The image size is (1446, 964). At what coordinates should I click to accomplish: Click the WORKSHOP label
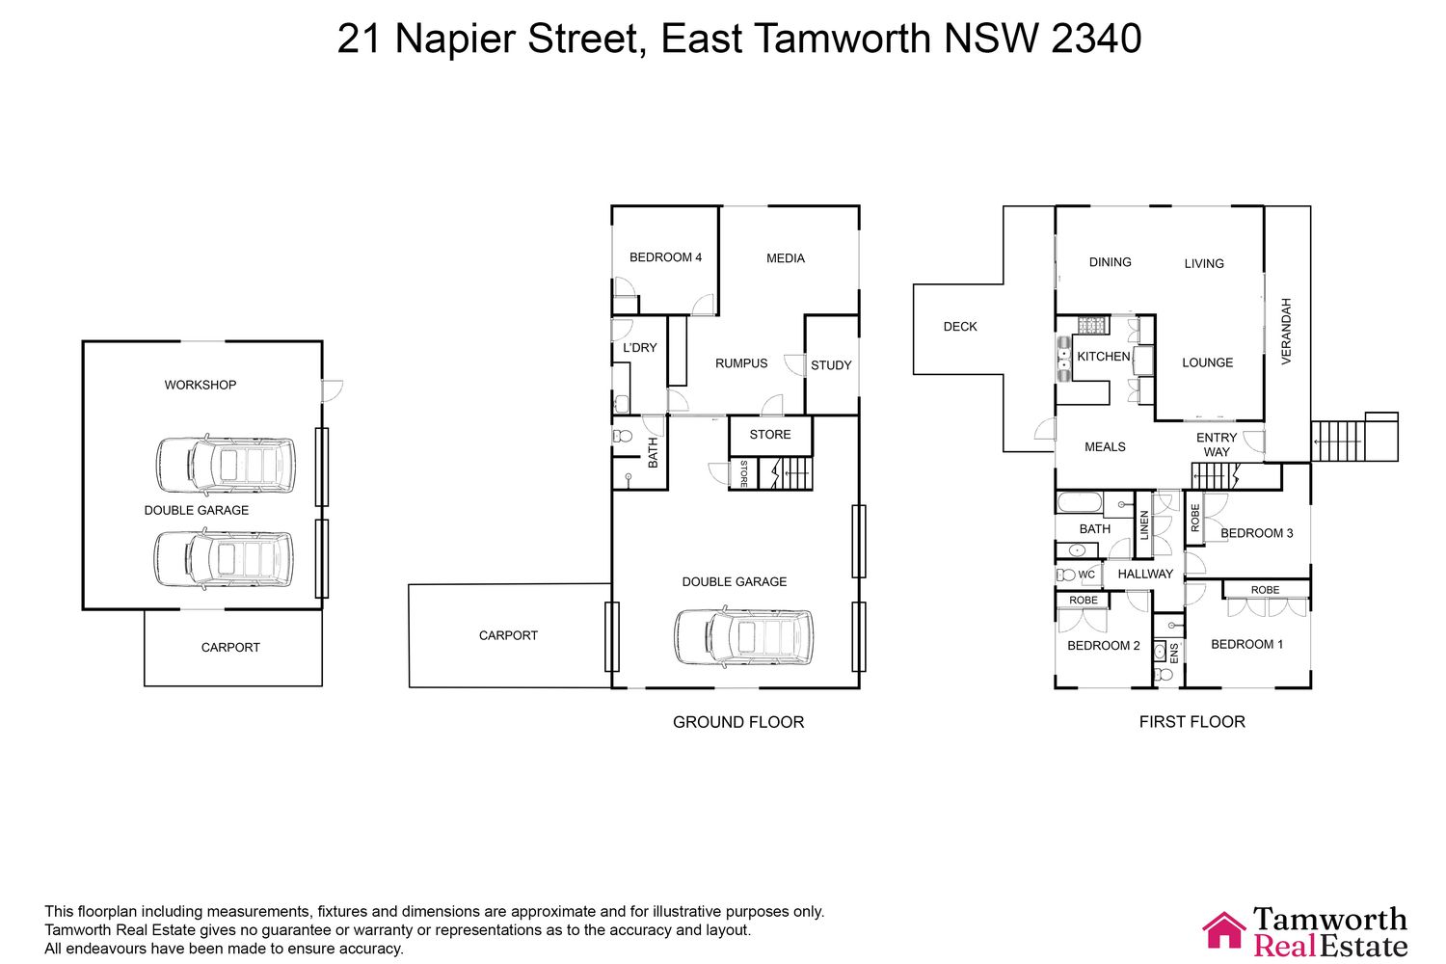point(201,386)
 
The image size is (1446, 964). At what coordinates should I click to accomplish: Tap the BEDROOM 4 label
point(665,257)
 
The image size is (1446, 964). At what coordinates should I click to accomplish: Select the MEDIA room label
point(786,258)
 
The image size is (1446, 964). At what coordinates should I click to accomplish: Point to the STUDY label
point(831,365)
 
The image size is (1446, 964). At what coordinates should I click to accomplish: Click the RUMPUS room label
point(741,363)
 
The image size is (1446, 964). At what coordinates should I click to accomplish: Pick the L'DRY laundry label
point(640,348)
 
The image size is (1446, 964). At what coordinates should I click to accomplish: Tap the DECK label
point(960,327)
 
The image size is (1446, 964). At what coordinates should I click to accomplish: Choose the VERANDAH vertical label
point(1286,332)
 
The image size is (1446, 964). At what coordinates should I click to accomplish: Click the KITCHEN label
point(1103,357)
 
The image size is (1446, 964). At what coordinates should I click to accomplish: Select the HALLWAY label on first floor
point(1145,574)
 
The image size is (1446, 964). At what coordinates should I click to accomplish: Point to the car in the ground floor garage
point(743,637)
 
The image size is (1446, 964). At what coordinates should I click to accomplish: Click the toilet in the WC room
point(1065,575)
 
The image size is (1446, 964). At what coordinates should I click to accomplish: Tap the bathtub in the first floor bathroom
point(1080,502)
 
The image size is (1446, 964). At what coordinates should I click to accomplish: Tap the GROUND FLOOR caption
point(738,722)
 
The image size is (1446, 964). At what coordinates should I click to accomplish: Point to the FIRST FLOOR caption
point(1192,722)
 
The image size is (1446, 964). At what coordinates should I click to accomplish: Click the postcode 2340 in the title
point(1096,39)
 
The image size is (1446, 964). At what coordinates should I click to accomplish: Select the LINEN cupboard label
point(1144,525)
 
